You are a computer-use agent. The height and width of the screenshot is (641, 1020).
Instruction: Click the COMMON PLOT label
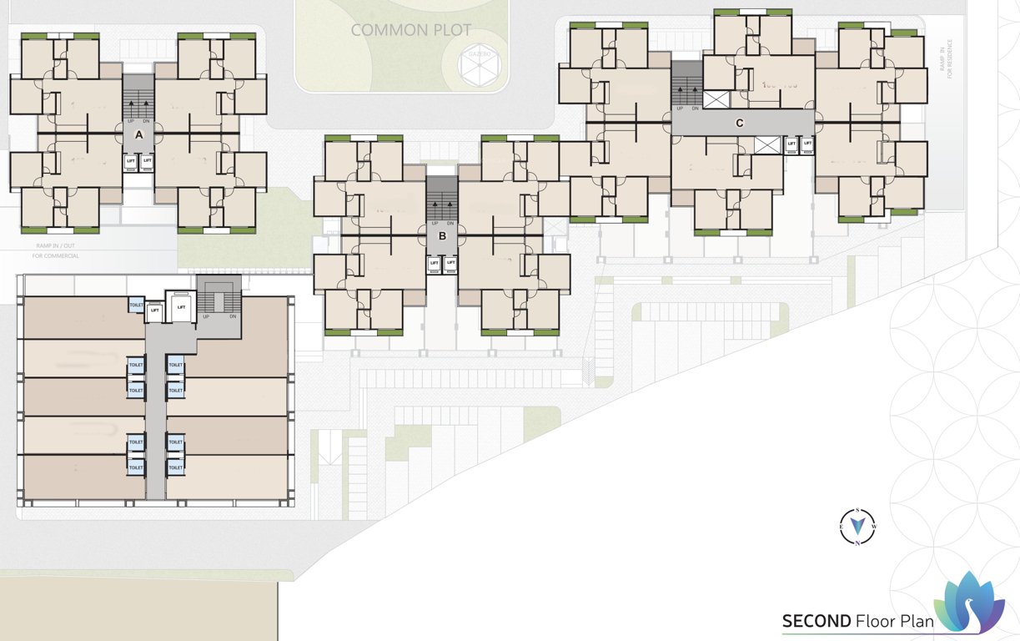coord(411,30)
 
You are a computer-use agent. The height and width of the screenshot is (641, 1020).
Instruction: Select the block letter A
coord(139,134)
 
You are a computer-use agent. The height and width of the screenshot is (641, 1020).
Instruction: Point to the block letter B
coord(443,236)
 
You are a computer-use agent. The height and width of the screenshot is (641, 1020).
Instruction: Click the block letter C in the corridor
coord(739,123)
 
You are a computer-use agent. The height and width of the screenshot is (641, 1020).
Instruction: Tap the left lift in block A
coord(131,160)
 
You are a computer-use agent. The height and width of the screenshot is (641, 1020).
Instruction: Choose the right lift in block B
coord(451,263)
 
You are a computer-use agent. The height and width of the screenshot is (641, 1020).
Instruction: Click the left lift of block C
coord(791,144)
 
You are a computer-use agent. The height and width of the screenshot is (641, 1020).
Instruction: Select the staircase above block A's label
coord(139,98)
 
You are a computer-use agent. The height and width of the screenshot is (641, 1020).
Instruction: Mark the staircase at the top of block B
coord(442,200)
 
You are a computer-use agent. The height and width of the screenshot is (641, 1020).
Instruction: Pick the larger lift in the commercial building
coord(180,307)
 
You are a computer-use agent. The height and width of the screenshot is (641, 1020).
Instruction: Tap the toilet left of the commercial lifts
coord(136,306)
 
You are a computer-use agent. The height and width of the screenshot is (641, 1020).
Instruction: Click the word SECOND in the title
coord(816,621)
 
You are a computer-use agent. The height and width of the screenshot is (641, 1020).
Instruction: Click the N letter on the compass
coord(857,543)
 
